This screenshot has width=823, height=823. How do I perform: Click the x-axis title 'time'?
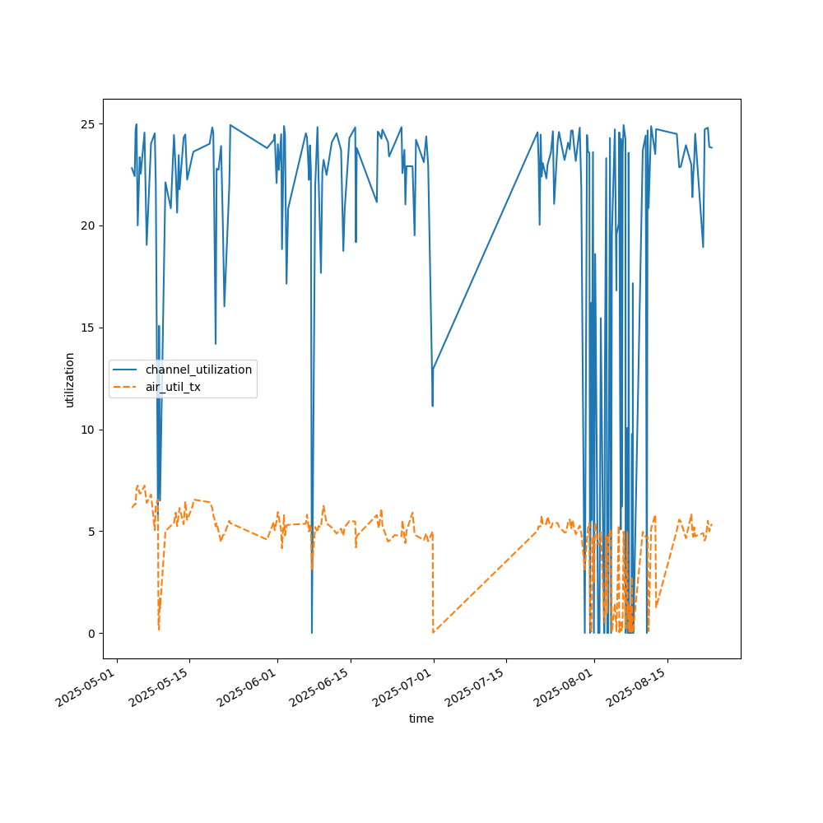click(x=421, y=718)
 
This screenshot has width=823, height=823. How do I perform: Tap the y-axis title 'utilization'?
click(x=70, y=379)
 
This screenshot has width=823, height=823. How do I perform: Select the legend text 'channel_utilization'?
click(x=198, y=370)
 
